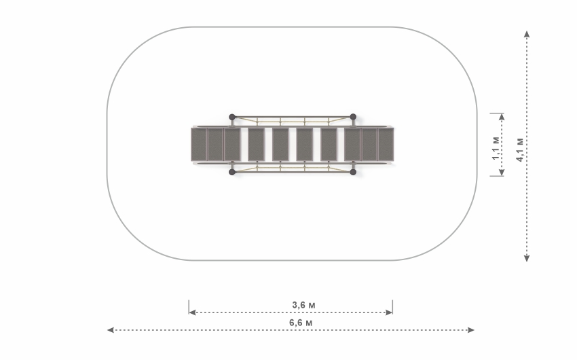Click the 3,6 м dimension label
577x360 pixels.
tap(303, 305)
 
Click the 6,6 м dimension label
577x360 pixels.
tap(301, 323)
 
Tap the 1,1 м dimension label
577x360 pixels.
tap(496, 148)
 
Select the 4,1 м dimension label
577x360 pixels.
tap(519, 149)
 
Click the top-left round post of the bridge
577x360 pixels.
tap(232, 117)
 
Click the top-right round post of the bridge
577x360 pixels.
tap(353, 117)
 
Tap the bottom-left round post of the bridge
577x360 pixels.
tap(232, 172)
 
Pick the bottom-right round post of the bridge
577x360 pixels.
tap(353, 172)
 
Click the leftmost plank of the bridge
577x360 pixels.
tap(199, 144)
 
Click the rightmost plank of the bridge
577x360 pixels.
tap(386, 144)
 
